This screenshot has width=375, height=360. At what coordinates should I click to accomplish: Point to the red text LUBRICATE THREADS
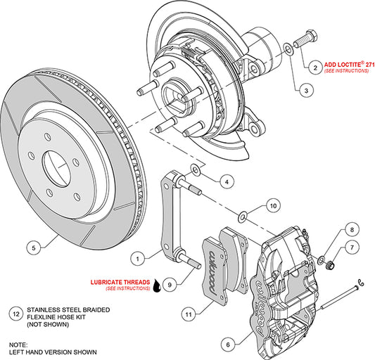coord(119,283)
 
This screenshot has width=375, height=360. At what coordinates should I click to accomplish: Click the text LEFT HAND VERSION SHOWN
coord(53,351)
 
